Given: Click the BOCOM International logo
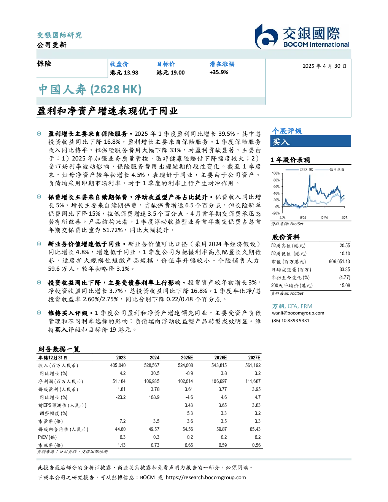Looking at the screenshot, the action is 302,36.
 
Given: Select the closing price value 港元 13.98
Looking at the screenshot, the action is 124,73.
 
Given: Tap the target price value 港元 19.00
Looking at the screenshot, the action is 170,73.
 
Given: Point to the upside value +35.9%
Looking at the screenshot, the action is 219,72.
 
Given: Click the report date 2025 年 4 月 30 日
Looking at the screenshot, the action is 324,66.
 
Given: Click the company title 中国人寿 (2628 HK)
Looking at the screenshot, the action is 90,89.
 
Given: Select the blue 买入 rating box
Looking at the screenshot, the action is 310,141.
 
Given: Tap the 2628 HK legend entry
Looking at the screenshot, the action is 299,170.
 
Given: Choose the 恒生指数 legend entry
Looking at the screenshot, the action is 330,170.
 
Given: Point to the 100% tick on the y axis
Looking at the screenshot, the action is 276,173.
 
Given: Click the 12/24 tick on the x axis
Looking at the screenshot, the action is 324,218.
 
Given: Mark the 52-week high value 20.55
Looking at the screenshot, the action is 345,246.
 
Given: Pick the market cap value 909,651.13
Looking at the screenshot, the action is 339,262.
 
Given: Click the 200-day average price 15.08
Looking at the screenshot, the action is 345,286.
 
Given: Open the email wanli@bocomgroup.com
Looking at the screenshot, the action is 298,313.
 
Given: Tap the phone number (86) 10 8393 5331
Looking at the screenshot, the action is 291,321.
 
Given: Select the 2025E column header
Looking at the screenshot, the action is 187,358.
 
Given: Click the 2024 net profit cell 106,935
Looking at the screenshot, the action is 152,381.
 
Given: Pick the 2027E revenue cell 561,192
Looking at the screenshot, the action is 253,365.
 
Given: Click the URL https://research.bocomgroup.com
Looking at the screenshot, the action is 206,478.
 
